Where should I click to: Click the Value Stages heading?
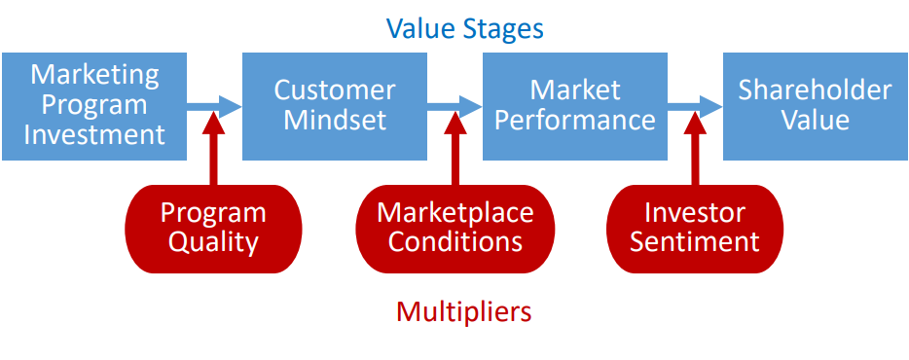(464, 28)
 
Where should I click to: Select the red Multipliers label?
(464, 311)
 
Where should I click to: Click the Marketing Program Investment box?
(94, 105)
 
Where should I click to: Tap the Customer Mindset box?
(334, 105)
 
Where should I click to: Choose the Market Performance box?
(574, 105)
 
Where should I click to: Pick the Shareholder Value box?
(815, 105)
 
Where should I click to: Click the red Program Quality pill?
(213, 228)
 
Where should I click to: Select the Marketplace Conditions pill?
(454, 228)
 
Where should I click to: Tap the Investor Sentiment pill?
(694, 228)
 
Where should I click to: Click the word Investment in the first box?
(94, 134)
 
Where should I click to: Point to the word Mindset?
(334, 121)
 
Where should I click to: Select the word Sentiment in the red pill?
(694, 242)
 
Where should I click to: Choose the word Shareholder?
(815, 90)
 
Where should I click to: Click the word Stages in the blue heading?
(503, 29)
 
